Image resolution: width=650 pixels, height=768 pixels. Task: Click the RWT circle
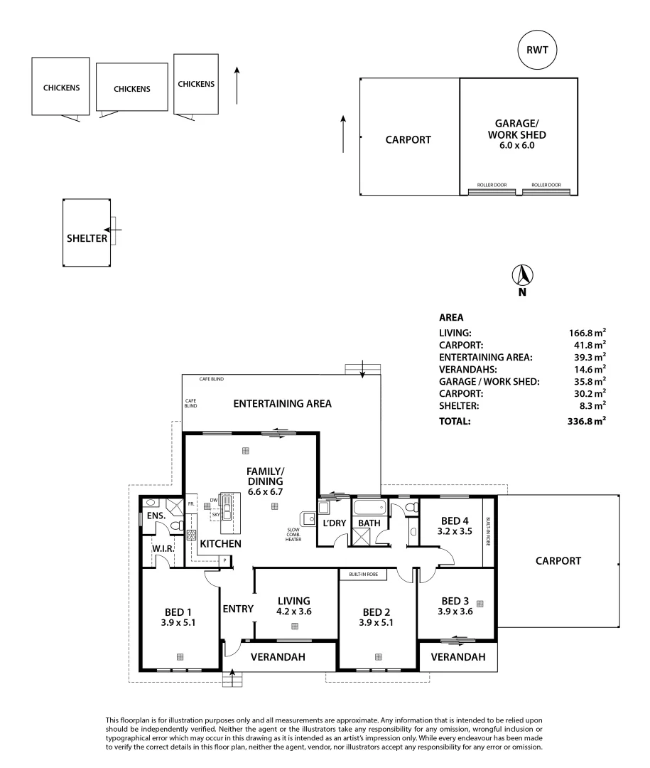coord(537,50)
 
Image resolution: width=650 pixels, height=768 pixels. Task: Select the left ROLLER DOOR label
coord(492,185)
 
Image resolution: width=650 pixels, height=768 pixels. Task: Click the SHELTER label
coord(87,238)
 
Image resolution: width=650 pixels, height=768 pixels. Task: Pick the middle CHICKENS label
coord(132,89)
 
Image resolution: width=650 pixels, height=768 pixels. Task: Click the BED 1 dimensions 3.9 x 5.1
coord(179,622)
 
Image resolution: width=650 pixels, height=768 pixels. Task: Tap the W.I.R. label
coord(164,548)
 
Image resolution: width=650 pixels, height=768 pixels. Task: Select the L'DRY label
coord(333,523)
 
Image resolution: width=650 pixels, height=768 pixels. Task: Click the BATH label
coord(369,523)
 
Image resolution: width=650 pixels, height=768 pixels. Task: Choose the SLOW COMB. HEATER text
coord(294,535)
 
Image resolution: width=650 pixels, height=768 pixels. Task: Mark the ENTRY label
coord(238,609)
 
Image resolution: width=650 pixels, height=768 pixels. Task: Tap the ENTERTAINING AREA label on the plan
coord(283,403)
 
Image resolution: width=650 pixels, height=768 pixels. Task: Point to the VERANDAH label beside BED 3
coord(458,657)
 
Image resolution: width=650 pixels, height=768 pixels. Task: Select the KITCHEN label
coord(220,543)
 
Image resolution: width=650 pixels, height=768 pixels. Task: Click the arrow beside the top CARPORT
coord(343,134)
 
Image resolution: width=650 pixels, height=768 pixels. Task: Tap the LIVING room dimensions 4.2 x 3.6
coord(294,611)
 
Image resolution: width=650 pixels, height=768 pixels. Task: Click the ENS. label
coord(156,516)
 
